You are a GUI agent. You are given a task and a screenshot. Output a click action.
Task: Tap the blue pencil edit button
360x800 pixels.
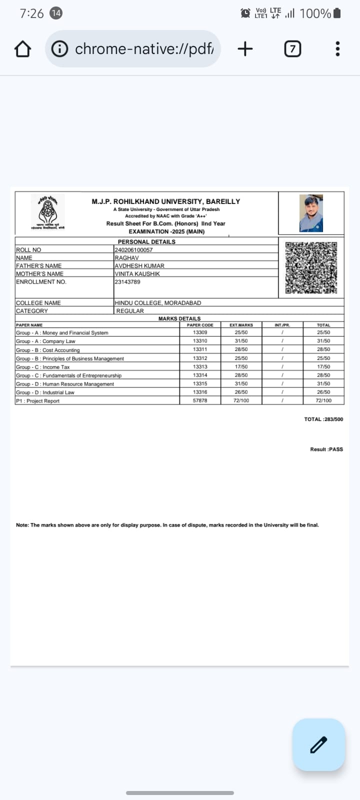click(318, 744)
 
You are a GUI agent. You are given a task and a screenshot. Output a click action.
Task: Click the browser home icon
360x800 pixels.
click(22, 49)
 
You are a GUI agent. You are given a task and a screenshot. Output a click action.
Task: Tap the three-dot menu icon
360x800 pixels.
click(337, 49)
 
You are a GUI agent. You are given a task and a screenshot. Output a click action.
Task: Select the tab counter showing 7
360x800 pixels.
click(292, 49)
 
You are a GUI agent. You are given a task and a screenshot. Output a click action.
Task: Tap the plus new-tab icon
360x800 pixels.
click(245, 49)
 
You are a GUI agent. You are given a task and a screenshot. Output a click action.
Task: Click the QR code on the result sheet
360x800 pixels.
click(311, 267)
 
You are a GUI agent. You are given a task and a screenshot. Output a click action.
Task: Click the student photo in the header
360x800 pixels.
click(311, 213)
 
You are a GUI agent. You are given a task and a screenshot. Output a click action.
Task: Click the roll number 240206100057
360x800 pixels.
click(133, 250)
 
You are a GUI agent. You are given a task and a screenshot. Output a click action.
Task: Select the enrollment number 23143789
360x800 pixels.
click(127, 282)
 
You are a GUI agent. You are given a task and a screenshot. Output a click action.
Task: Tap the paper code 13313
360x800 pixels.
click(200, 366)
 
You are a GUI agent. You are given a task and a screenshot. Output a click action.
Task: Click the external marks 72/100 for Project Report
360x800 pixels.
click(241, 400)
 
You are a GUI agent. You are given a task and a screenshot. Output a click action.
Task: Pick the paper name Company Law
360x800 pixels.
click(58, 341)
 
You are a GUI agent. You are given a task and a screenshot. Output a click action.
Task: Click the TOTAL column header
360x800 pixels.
click(323, 325)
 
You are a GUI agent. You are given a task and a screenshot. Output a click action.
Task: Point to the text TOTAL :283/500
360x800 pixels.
click(323, 419)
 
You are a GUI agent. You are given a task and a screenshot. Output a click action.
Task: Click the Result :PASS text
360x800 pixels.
click(326, 449)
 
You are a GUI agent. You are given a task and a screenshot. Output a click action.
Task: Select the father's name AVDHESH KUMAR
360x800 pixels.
click(139, 266)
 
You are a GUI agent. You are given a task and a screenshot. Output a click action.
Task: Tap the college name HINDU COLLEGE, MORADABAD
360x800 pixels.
click(158, 303)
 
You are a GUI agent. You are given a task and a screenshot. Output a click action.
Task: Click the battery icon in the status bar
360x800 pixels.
click(337, 13)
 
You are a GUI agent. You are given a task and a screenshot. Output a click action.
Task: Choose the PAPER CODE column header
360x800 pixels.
click(200, 325)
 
